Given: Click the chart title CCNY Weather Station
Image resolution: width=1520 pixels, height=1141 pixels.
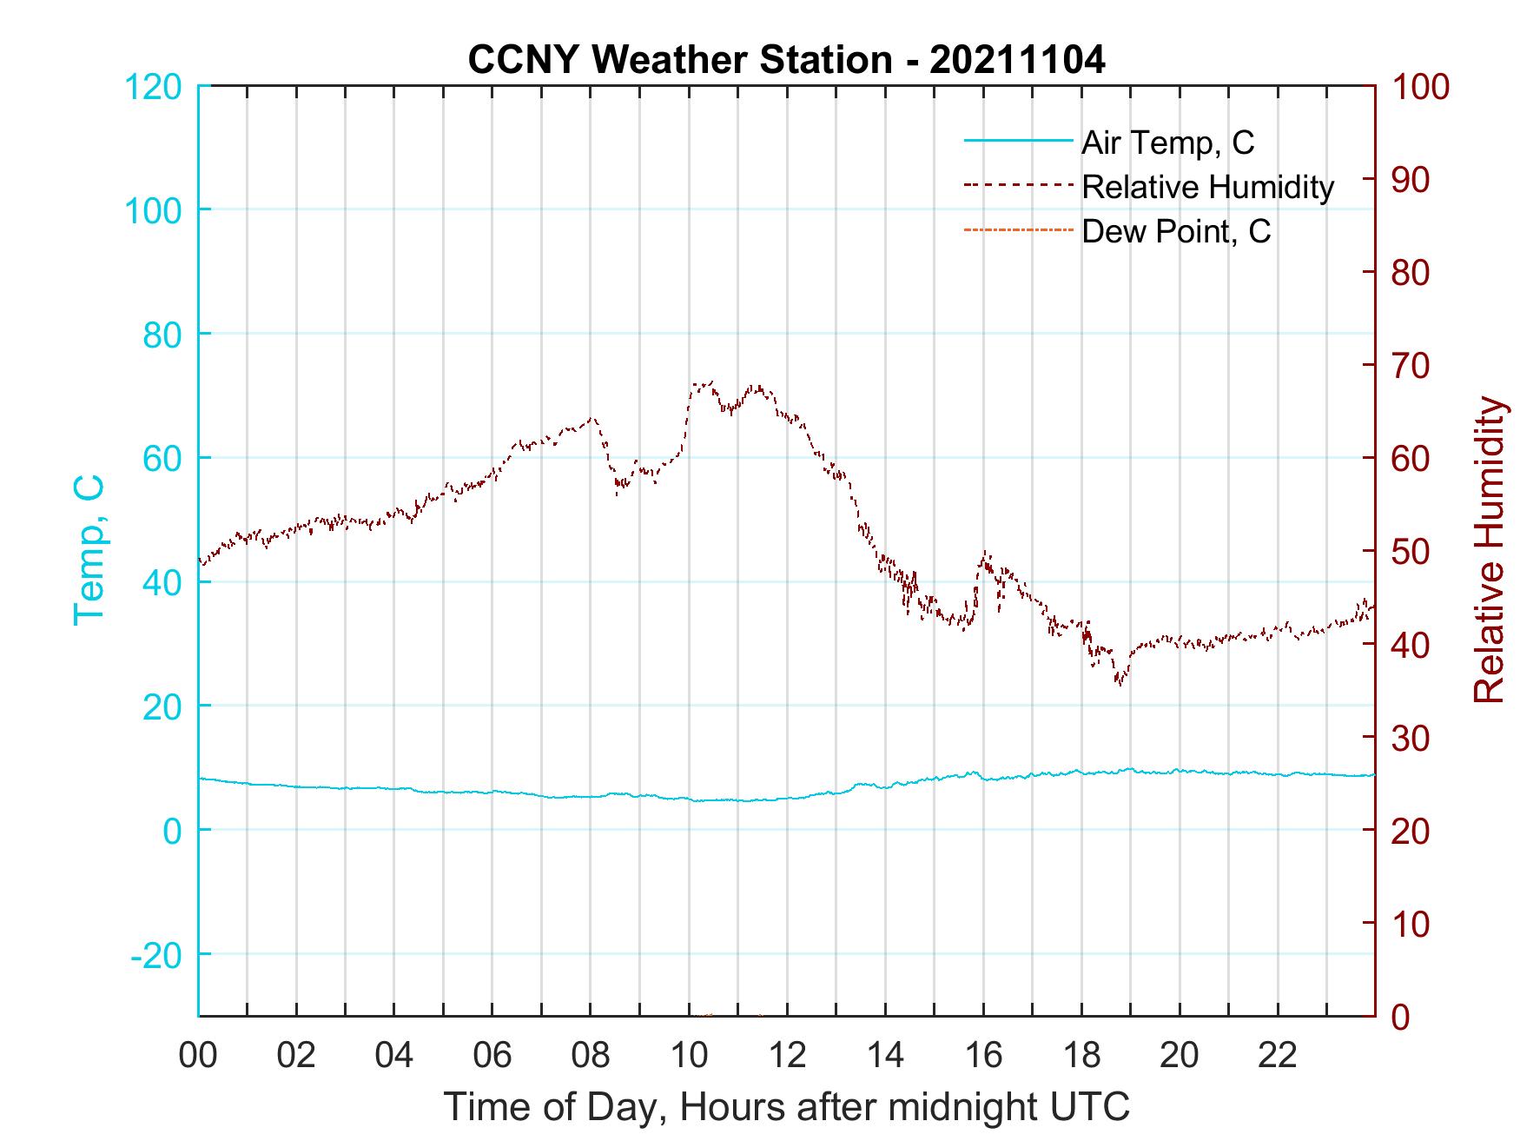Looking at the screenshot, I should [786, 60].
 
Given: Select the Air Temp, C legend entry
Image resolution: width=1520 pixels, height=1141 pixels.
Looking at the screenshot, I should [1166, 143].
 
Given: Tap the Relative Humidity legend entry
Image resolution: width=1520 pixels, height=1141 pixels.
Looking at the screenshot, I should [1207, 187].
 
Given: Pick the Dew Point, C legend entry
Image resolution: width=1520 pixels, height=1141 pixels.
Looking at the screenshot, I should [1175, 231].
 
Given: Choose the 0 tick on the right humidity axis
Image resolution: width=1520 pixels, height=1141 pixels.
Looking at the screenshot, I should [1404, 1016].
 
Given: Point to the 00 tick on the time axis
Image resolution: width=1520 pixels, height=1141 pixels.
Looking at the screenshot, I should [198, 1056].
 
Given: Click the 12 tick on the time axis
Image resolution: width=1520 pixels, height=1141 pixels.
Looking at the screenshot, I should [787, 1056].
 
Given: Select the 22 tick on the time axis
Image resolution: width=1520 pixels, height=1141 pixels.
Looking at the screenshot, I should [1278, 1056].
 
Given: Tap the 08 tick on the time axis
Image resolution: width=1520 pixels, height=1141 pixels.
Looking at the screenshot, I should [591, 1056].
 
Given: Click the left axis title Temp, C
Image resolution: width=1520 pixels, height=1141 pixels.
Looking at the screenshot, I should [89, 549].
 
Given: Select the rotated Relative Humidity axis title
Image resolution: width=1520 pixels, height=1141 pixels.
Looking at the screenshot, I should [1489, 550].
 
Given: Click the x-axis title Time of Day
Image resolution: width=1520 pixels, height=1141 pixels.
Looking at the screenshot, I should [786, 1106].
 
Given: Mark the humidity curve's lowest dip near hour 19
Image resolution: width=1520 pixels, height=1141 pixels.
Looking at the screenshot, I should [1120, 684].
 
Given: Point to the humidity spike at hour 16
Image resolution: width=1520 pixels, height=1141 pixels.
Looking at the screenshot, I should [985, 553].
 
